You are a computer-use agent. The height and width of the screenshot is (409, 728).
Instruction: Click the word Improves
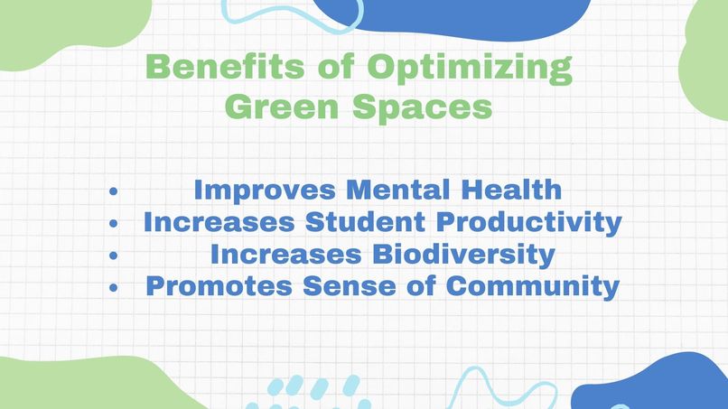click(x=266, y=191)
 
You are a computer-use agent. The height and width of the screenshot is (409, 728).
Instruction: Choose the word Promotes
click(x=218, y=287)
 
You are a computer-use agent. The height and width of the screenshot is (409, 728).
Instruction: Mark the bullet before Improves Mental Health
click(x=113, y=191)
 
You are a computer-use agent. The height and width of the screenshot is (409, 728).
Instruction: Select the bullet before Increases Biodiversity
click(x=113, y=256)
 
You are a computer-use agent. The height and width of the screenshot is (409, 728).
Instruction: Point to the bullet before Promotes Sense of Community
click(x=113, y=288)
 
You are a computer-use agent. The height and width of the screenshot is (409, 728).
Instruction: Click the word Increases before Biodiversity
click(x=283, y=255)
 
